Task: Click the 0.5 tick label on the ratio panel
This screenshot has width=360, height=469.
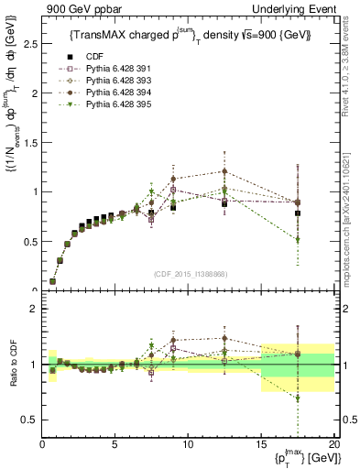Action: click(x=29, y=420)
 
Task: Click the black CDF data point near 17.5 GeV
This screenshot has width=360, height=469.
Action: click(x=297, y=213)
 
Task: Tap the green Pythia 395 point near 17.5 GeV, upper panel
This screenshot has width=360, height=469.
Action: click(x=297, y=240)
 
